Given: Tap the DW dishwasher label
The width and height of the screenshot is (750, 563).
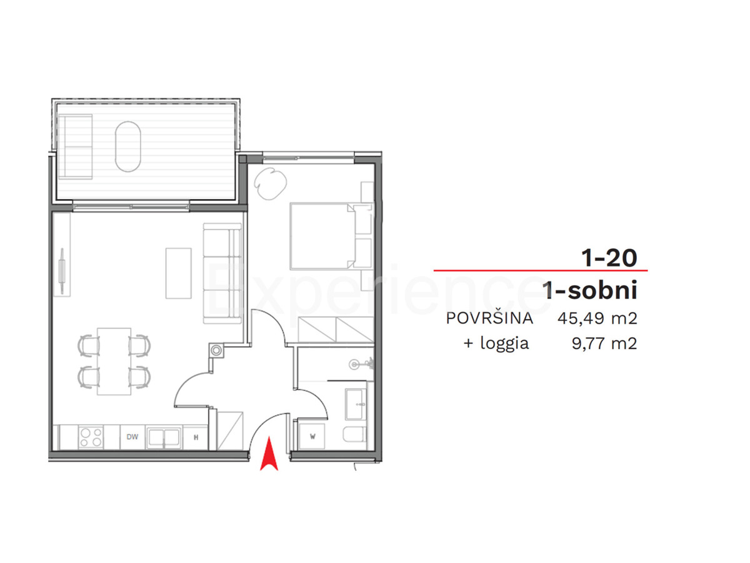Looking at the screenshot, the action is pyautogui.click(x=132, y=437).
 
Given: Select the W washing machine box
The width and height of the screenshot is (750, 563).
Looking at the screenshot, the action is pyautogui.click(x=312, y=436).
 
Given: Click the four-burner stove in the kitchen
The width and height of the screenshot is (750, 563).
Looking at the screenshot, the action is pyautogui.click(x=91, y=437).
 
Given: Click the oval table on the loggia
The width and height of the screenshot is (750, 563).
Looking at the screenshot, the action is pyautogui.click(x=127, y=146).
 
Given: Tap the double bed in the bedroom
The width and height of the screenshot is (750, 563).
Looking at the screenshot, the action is pyautogui.click(x=331, y=236).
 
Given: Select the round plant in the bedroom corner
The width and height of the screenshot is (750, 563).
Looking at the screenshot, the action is pyautogui.click(x=270, y=183).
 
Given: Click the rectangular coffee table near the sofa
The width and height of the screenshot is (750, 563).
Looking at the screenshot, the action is pyautogui.click(x=178, y=273).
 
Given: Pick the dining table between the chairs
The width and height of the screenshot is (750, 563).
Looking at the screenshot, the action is pyautogui.click(x=114, y=362).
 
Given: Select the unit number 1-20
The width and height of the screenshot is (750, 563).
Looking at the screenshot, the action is pyautogui.click(x=609, y=258).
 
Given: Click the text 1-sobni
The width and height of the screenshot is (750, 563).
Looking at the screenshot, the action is pyautogui.click(x=590, y=290).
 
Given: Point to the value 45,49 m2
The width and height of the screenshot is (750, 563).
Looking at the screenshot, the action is pyautogui.click(x=597, y=318).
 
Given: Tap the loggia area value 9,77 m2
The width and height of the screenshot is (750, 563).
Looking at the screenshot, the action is pyautogui.click(x=605, y=343).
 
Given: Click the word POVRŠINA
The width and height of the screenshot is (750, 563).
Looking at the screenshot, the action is pyautogui.click(x=489, y=318).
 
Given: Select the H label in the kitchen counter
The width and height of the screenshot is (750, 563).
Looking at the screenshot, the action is pyautogui.click(x=196, y=437).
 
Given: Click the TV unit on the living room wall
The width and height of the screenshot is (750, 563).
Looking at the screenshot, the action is pyautogui.click(x=62, y=271).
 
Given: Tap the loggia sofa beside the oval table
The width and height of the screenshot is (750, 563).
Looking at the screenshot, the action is pyautogui.click(x=75, y=146).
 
